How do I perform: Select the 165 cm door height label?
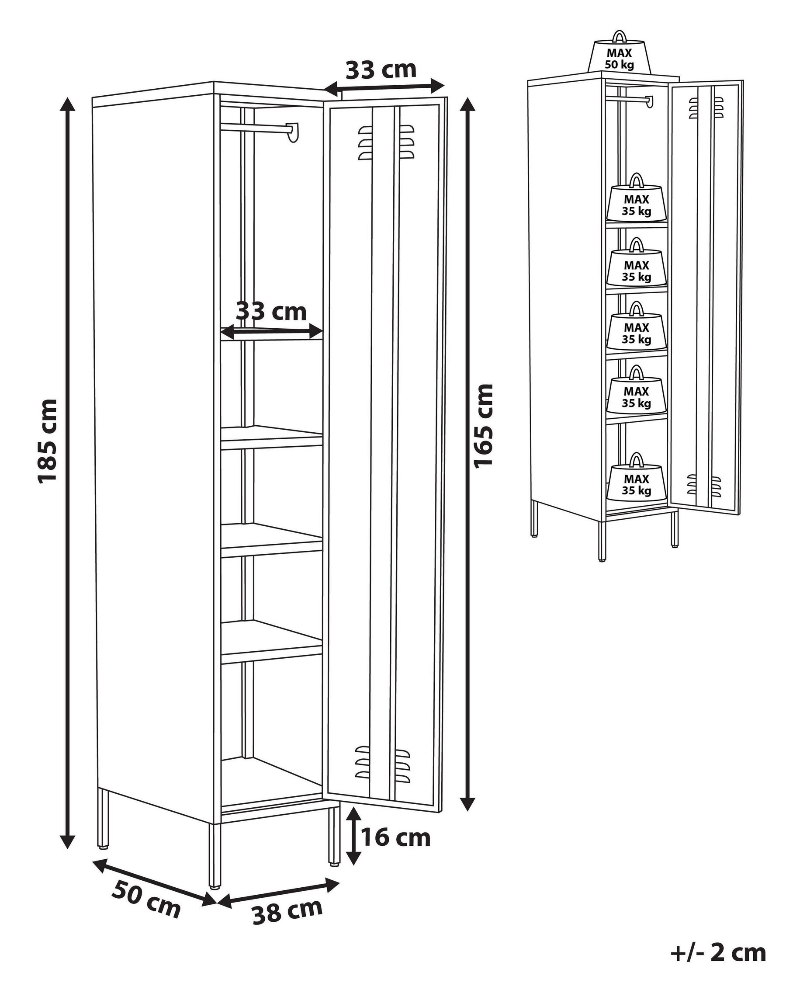click(x=484, y=426)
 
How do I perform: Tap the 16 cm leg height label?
click(x=395, y=837)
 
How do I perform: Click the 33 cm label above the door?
click(x=381, y=70)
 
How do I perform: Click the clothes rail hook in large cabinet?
click(x=294, y=132)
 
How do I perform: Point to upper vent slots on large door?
click(x=386, y=142)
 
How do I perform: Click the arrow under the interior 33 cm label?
click(x=272, y=332)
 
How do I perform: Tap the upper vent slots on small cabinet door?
click(x=706, y=108)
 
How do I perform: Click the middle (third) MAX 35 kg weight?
click(x=637, y=332)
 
